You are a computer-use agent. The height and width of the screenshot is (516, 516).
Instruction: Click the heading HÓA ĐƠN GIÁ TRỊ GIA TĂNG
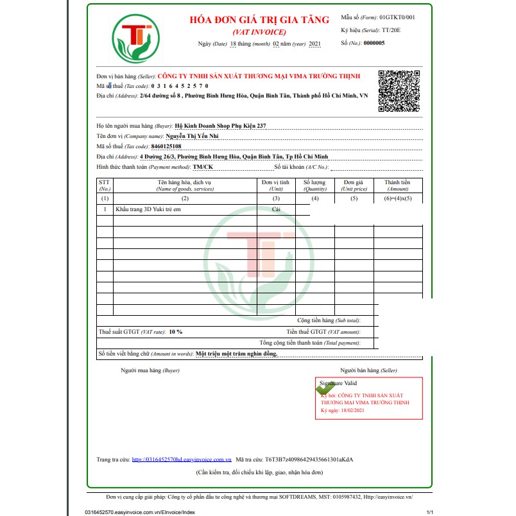[259, 20]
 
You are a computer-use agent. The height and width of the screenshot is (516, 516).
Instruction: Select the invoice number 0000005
[374, 43]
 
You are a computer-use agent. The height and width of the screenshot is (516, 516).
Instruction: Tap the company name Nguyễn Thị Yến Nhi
[193, 137]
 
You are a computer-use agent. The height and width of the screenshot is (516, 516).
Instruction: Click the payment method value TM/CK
[203, 167]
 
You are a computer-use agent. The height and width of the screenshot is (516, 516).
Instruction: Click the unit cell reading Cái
[276, 210]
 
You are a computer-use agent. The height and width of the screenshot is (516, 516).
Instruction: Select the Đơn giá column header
[354, 185]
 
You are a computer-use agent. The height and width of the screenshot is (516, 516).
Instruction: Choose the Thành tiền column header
[397, 185]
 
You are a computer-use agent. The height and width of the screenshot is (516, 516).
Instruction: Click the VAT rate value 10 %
[176, 332]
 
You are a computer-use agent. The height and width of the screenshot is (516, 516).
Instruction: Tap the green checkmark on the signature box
[325, 388]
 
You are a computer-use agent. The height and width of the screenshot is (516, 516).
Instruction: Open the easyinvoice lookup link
[182, 460]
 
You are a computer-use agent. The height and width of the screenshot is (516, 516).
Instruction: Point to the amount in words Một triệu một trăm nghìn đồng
[236, 354]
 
